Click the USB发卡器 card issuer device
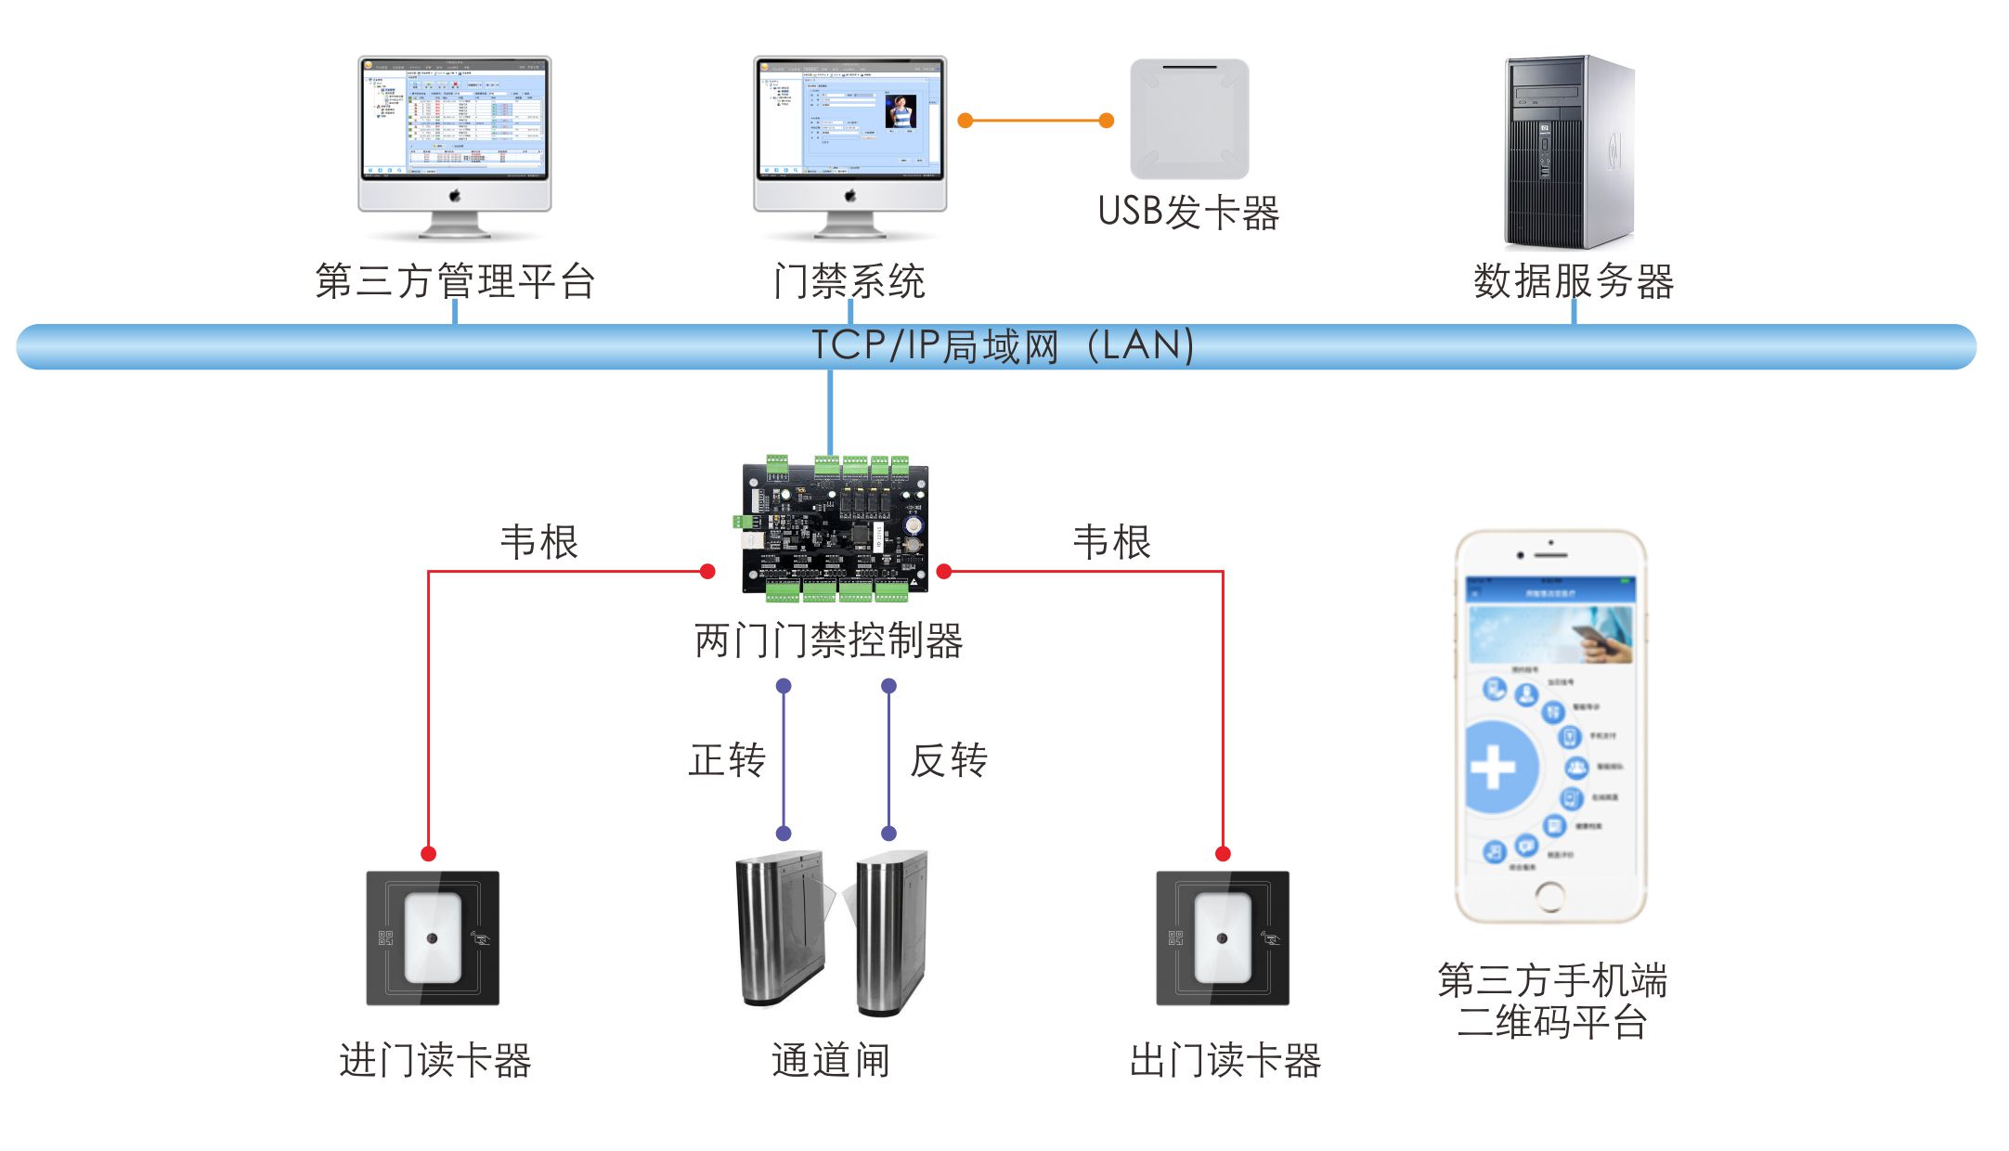(1189, 119)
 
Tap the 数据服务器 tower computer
(1568, 151)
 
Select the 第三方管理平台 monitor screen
(454, 118)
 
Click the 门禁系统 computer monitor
(849, 118)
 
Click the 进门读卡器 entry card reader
(433, 938)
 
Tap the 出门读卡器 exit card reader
(1222, 938)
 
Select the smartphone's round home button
(1549, 896)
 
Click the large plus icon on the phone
(1494, 768)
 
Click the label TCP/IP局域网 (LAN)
(1003, 346)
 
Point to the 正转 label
(727, 760)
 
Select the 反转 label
(948, 760)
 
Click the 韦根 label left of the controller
(538, 542)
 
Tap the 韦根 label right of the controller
(1111, 542)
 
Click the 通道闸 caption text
(830, 1060)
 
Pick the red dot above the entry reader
(428, 853)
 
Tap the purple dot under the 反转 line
(888, 833)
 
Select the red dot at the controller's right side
(944, 571)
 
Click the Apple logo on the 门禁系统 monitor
(849, 196)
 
